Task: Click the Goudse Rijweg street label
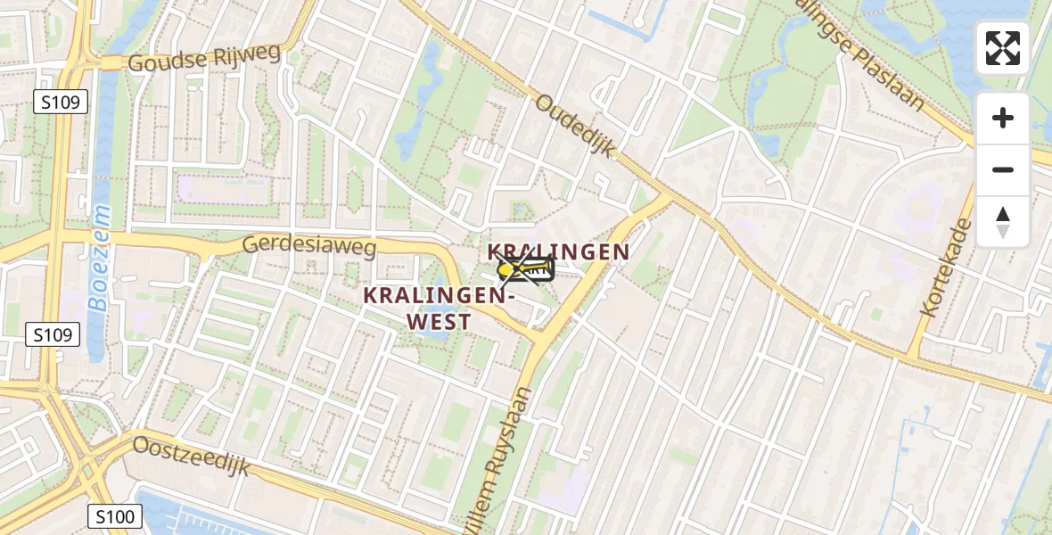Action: [x=204, y=58]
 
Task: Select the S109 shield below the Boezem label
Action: [x=53, y=335]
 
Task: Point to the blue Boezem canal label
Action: [x=100, y=259]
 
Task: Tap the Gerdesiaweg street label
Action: [x=309, y=244]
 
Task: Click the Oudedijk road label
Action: [x=576, y=126]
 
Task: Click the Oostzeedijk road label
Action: [x=192, y=455]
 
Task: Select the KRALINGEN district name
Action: [x=559, y=252]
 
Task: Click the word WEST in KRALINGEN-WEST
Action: [x=440, y=322]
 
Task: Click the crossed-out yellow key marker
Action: [x=526, y=268]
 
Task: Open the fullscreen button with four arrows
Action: [x=1003, y=48]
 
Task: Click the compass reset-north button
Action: [x=1003, y=222]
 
